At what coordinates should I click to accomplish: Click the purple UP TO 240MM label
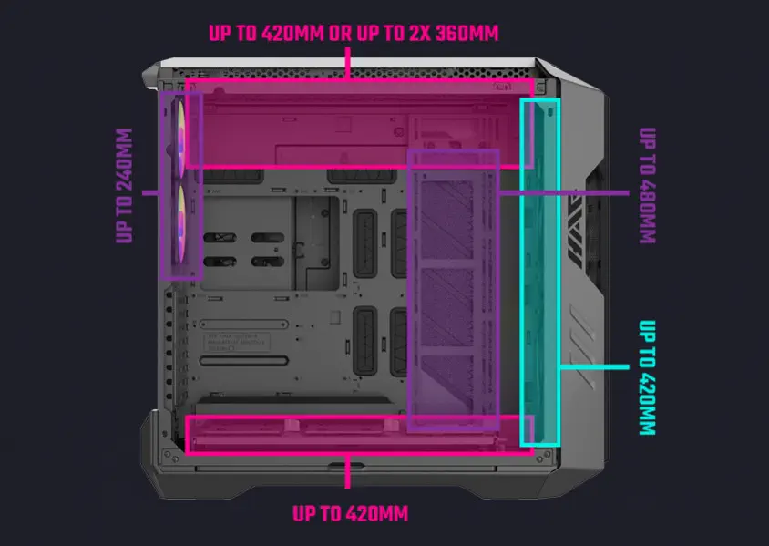pyautogui.click(x=126, y=187)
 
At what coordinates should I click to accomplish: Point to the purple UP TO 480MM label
pyautogui.click(x=647, y=186)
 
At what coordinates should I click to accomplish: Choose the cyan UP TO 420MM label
pyautogui.click(x=647, y=377)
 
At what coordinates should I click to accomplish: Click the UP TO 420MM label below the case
pyautogui.click(x=350, y=513)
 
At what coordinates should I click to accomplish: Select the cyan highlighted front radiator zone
pyautogui.click(x=539, y=273)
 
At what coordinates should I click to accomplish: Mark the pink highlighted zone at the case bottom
pyautogui.click(x=359, y=434)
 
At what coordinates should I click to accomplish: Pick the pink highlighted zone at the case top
pyautogui.click(x=359, y=123)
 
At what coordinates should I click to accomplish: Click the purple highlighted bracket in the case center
pyautogui.click(x=454, y=288)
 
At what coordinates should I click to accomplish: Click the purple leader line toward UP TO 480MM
pyautogui.click(x=565, y=192)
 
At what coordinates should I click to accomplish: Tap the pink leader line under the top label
pyautogui.click(x=349, y=64)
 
